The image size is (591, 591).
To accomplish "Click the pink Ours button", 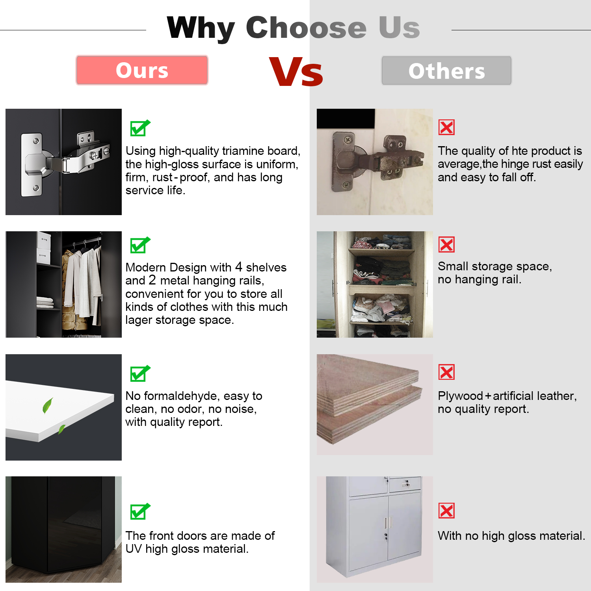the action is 142,70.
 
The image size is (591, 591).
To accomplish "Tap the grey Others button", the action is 446,71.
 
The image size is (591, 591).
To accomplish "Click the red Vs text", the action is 296,72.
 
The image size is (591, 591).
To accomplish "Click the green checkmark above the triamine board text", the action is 140,128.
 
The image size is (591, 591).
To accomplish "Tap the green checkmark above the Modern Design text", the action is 140,245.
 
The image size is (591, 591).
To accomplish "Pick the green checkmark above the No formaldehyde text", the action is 140,374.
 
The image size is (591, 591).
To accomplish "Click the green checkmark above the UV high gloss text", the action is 140,511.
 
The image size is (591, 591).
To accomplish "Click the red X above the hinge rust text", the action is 446,127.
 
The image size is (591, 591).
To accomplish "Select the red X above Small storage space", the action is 446,245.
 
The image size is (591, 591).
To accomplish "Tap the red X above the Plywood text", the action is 446,372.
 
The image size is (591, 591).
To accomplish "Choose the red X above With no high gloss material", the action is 446,511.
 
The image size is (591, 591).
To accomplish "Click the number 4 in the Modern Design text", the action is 238,267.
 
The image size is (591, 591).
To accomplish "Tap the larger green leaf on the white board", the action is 48,405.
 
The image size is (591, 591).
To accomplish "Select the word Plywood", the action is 460,396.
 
